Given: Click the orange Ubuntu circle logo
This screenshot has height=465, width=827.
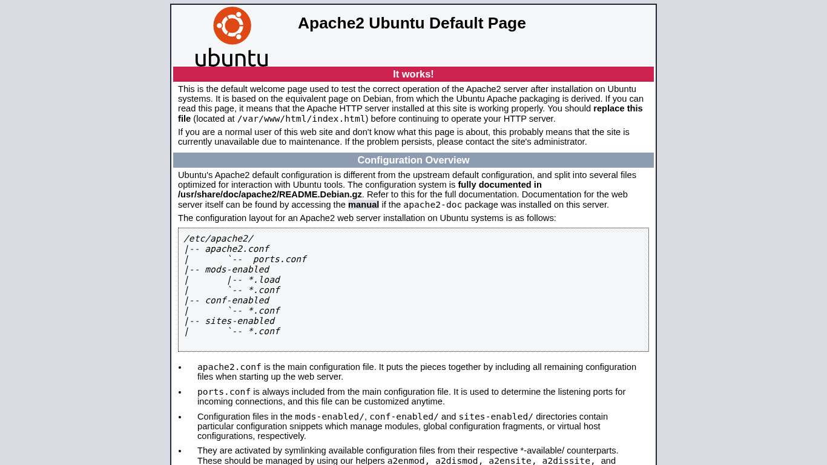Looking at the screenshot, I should coord(232,25).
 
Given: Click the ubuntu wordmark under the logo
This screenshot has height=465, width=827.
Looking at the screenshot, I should coord(231,58).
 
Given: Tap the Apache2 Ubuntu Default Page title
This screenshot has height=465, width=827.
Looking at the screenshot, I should coord(412,23).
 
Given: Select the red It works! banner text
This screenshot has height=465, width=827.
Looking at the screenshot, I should coord(413,74).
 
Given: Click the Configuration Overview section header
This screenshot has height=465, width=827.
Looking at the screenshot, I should coord(413,160).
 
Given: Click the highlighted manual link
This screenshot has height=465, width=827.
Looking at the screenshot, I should coord(363,205).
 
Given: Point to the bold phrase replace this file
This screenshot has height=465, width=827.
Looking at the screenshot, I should coord(618,108).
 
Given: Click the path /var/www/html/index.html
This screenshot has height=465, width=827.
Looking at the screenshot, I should coord(301,119).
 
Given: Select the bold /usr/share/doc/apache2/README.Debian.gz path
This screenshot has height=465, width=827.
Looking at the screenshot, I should coord(270,194).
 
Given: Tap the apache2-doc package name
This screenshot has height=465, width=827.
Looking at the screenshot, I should coord(432,205).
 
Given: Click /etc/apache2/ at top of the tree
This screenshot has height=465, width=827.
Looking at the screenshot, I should coord(219,239).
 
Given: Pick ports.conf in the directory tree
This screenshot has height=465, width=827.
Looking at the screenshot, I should coord(279,259).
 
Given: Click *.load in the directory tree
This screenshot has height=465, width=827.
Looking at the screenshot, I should coord(264,280).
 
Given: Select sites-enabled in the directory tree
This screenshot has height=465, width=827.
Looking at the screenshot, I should coord(239,321).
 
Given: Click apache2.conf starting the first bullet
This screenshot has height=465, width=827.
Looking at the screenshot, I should coord(229,367).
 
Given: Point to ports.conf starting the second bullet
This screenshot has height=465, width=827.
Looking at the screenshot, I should coord(224,392).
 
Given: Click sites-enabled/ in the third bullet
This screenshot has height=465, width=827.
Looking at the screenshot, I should coord(496,417).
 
